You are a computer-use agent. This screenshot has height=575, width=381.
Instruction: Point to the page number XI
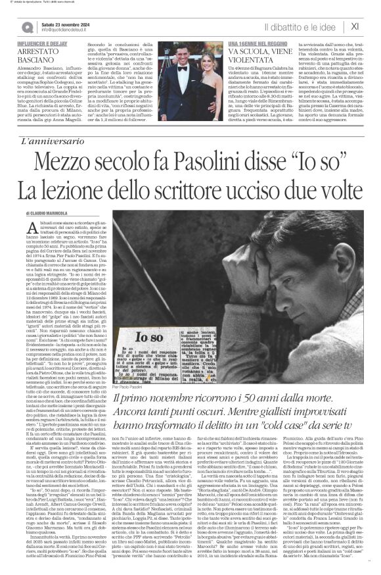point(355,26)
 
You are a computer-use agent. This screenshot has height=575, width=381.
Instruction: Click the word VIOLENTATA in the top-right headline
point(250,65)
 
